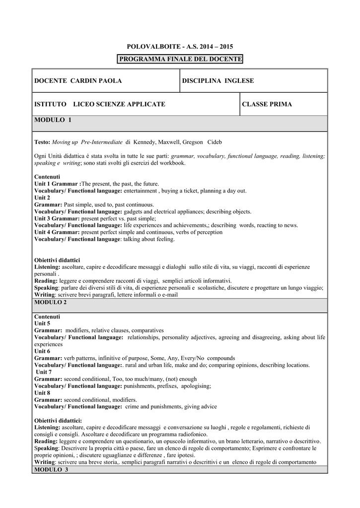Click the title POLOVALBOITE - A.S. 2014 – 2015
click(180, 47)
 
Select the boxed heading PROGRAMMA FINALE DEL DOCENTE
click(180, 60)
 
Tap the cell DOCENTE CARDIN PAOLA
click(78, 80)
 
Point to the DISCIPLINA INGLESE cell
click(218, 80)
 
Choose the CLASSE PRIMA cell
click(267, 104)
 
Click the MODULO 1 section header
click(53, 120)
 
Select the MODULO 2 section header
click(50, 302)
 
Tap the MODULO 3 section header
click(51, 469)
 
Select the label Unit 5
click(42, 323)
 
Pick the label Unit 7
click(44, 372)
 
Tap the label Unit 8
click(42, 392)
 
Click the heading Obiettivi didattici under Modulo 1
click(57, 260)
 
